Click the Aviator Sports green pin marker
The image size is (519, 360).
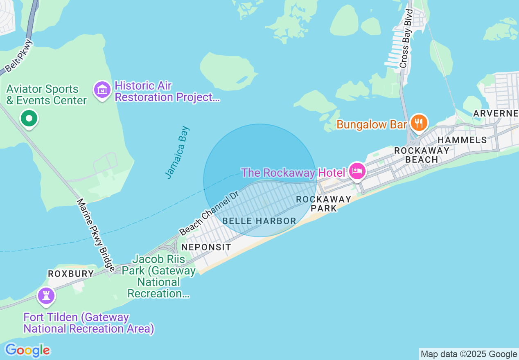click(29, 119)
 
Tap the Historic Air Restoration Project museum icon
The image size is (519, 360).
click(102, 90)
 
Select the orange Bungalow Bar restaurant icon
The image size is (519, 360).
click(419, 122)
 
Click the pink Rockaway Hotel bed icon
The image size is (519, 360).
click(357, 171)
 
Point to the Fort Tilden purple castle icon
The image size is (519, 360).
click(45, 295)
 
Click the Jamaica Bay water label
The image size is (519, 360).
click(178, 152)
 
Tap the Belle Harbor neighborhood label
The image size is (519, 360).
click(259, 221)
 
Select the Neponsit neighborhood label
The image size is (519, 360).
click(206, 247)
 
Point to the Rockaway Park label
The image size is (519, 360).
click(323, 204)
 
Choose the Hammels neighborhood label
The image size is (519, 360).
click(462, 140)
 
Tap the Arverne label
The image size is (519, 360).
click(496, 113)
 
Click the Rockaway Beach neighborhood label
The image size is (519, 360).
click(422, 155)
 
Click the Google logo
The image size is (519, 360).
click(27, 350)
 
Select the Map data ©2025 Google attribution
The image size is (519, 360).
click(469, 354)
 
